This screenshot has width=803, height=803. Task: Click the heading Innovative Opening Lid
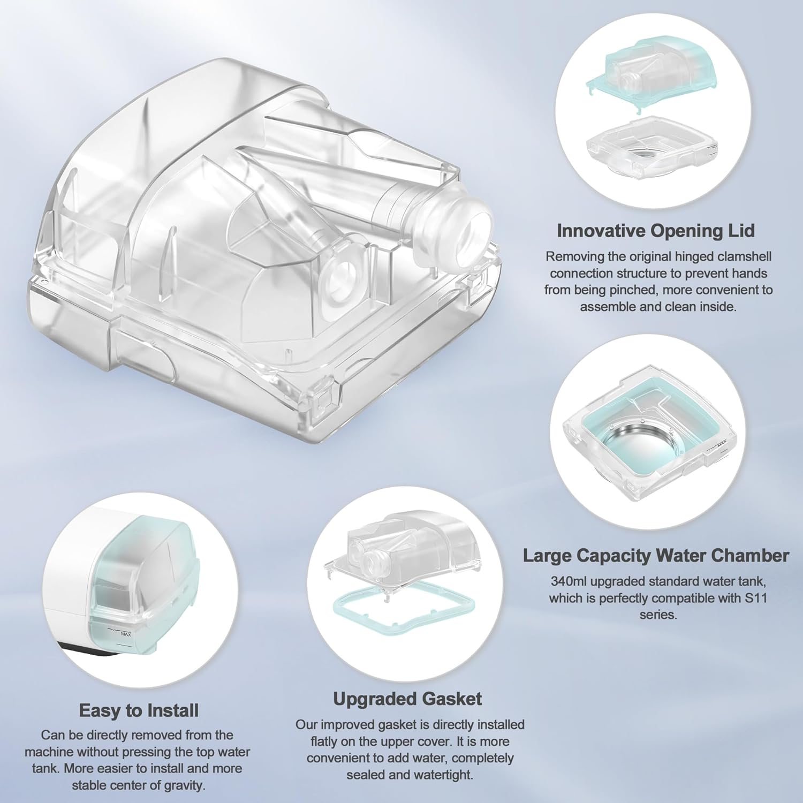[x=656, y=231]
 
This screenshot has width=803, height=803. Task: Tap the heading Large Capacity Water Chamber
[x=656, y=556]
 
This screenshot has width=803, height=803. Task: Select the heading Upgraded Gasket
[x=407, y=699]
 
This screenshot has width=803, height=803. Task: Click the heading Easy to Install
[x=139, y=710]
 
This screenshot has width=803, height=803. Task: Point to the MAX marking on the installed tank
[x=126, y=634]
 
